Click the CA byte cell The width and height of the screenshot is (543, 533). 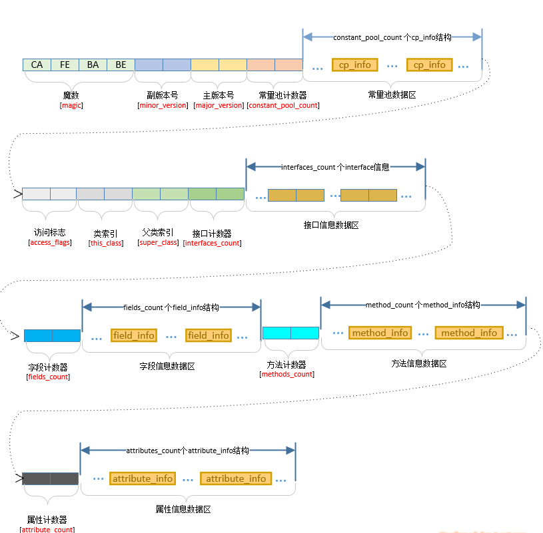(x=37, y=65)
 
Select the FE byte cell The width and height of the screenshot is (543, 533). (x=65, y=65)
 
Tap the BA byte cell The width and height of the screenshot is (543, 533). (x=93, y=65)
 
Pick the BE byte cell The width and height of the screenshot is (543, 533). (x=121, y=65)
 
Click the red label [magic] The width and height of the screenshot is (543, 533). (x=71, y=105)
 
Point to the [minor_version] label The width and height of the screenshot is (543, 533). (x=163, y=105)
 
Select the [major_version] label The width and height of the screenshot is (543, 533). (x=219, y=105)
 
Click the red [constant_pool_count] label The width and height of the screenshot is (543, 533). (x=282, y=105)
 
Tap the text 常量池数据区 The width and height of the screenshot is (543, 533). (x=392, y=95)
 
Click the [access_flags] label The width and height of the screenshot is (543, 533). (x=49, y=242)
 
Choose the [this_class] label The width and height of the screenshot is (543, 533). (x=106, y=243)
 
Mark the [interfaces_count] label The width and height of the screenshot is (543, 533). (x=212, y=243)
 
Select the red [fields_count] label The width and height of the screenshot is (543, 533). (x=48, y=377)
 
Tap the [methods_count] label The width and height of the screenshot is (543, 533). (x=286, y=374)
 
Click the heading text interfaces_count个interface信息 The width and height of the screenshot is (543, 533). (x=335, y=168)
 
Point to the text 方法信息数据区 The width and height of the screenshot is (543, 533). (x=419, y=363)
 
